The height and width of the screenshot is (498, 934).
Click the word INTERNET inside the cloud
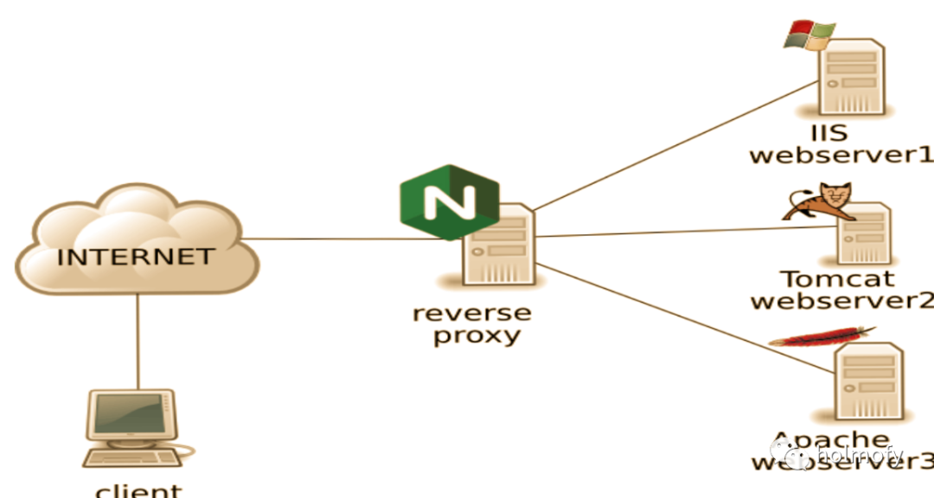135,257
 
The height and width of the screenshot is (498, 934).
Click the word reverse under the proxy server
471,312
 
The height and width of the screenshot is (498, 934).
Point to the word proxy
477,335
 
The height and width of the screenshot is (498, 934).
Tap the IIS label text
828,134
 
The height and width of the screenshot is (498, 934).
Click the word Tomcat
837,279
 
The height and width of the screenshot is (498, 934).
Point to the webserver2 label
841,301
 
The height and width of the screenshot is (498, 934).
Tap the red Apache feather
822,336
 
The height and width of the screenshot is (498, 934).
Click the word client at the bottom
138,490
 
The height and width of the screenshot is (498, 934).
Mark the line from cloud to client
138,342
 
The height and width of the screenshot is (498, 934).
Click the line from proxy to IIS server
675,146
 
